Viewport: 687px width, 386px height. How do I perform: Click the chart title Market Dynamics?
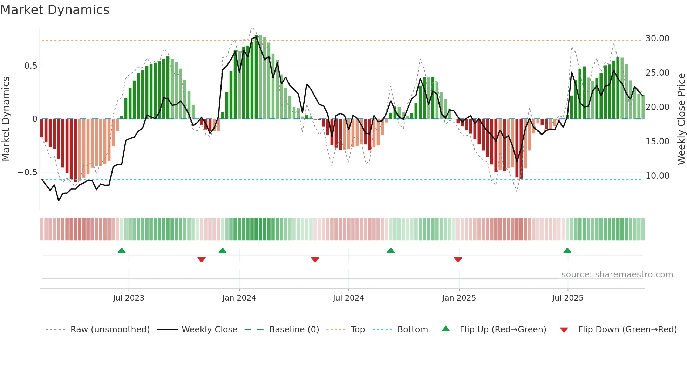(x=55, y=10)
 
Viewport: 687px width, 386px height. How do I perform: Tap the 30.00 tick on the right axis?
(x=657, y=39)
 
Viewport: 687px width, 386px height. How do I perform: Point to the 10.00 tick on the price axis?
(x=657, y=176)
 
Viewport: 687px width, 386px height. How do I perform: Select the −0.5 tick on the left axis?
(x=27, y=172)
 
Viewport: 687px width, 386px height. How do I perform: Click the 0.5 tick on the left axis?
(x=30, y=66)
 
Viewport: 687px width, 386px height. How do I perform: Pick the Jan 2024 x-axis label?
(x=239, y=298)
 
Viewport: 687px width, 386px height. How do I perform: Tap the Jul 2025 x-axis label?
(x=567, y=298)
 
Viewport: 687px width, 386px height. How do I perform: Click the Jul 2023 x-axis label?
(x=129, y=298)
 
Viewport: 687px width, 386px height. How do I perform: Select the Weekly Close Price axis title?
(x=681, y=119)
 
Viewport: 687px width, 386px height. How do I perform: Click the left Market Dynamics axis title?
(x=6, y=119)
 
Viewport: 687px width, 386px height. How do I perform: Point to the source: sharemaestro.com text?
(x=617, y=275)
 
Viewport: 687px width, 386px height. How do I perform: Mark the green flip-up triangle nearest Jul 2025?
(x=567, y=250)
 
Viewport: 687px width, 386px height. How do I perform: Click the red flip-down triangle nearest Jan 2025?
(x=458, y=260)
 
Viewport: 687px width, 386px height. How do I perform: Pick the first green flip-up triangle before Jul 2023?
(x=122, y=250)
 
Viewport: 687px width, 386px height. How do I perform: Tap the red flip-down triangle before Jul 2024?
(x=315, y=260)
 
